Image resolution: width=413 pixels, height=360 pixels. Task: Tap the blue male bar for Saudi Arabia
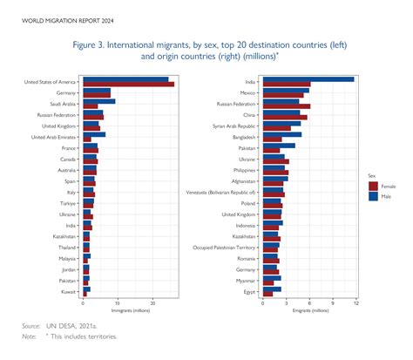click(98, 101)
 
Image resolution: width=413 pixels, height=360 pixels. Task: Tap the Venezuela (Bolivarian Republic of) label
click(221, 192)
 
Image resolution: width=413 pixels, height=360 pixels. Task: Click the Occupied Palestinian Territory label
click(225, 248)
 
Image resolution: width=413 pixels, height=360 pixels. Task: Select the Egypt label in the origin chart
click(250, 292)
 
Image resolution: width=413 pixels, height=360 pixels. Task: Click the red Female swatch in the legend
click(374, 185)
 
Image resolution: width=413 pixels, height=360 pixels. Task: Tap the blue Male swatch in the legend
click(374, 196)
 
